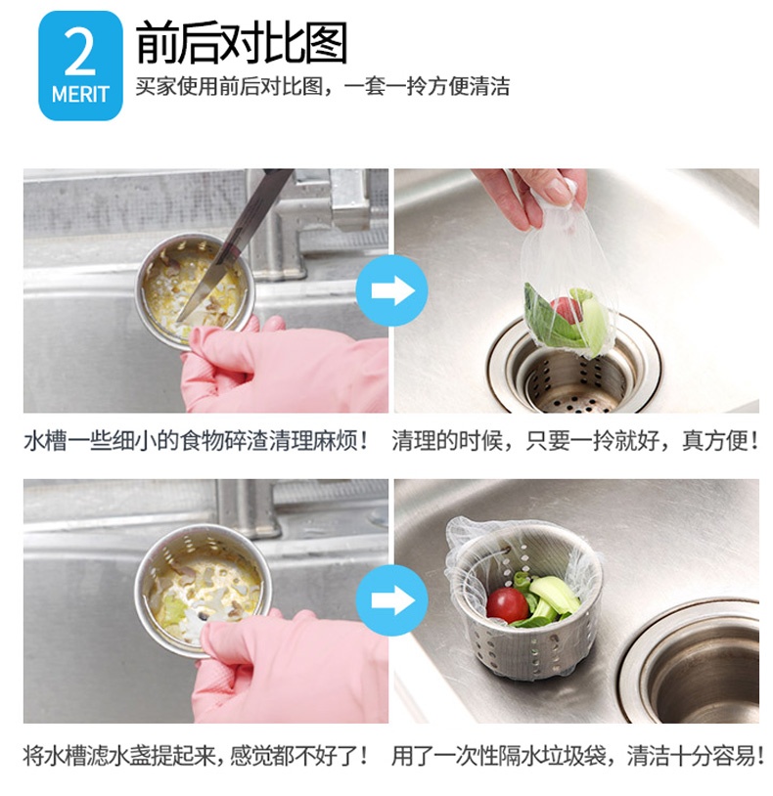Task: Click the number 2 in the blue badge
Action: coord(79,53)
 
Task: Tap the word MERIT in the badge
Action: coord(80,95)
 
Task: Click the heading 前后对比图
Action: coord(242,44)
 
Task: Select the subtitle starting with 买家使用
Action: coord(322,86)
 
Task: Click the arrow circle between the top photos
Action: coord(391,290)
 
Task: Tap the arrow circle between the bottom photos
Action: coord(391,600)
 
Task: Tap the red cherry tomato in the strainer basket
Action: coord(506,604)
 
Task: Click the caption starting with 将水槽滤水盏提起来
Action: coord(197,756)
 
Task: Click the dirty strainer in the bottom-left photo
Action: coord(204,589)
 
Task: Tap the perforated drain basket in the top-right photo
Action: coord(574,376)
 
